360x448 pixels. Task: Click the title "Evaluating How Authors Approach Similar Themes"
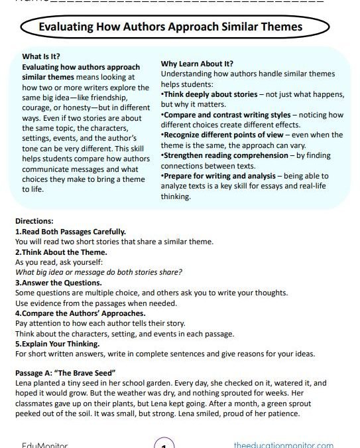(171, 27)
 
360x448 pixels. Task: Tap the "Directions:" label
(34, 220)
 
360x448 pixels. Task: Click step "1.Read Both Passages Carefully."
(70, 232)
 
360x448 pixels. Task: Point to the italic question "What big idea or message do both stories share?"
(99, 272)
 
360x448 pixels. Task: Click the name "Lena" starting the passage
(23, 384)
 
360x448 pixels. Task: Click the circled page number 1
(164, 443)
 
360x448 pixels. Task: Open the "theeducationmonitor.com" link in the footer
(284, 443)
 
